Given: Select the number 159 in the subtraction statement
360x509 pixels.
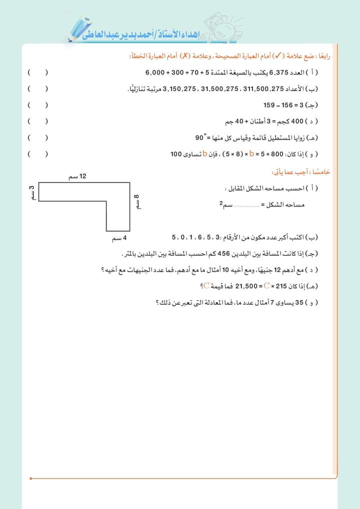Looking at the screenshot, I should pos(269,105).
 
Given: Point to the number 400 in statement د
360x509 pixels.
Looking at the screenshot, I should pos(297,121).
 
